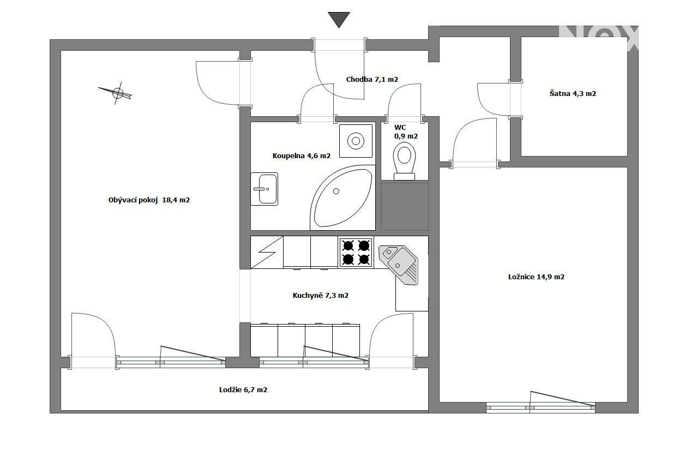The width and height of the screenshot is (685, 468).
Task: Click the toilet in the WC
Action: [404, 161]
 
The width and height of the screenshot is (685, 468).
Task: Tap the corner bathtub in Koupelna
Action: [343, 197]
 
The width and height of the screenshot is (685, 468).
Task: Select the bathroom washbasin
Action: [264, 189]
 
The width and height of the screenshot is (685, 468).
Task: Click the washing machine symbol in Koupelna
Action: [356, 141]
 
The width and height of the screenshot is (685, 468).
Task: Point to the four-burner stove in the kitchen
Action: [356, 253]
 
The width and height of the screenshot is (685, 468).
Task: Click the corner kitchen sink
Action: [399, 265]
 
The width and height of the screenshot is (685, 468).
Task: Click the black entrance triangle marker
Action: [339, 20]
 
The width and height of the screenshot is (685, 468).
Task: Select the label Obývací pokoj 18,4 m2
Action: [149, 200]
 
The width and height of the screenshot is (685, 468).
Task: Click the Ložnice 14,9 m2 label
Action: [536, 277]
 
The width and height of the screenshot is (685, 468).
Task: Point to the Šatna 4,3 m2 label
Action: [573, 93]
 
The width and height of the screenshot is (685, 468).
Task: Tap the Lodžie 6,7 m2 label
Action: [243, 389]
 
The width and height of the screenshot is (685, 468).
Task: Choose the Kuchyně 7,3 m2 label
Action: [321, 295]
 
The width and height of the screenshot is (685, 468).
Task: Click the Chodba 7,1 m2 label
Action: [372, 79]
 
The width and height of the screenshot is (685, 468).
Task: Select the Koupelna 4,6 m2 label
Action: [302, 155]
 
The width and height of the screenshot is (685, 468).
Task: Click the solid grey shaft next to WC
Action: [405, 207]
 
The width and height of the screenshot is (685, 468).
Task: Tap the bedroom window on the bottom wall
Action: [540, 407]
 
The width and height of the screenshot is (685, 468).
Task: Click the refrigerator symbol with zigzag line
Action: [267, 253]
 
